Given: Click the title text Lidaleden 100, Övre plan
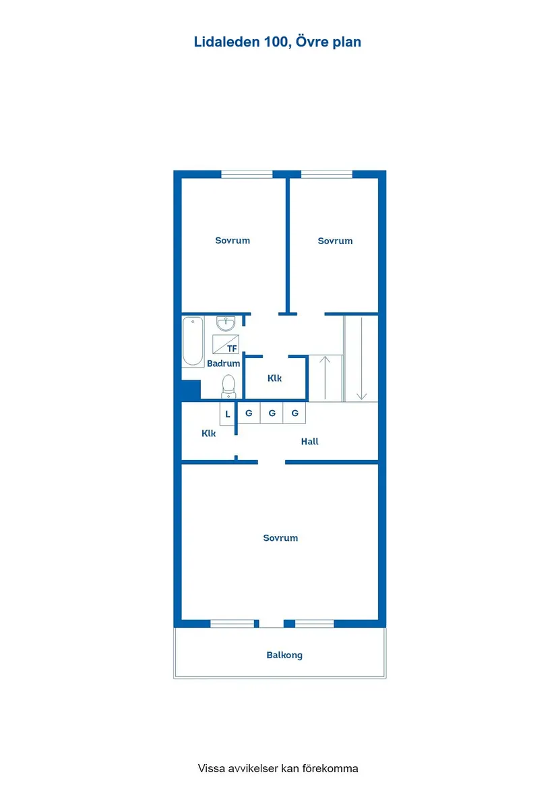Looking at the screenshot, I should click(x=278, y=42).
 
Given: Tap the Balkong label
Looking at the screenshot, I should click(x=284, y=655).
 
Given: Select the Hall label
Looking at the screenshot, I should click(x=310, y=442).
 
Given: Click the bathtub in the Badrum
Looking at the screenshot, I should click(x=193, y=341).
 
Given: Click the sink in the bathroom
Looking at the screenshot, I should click(x=226, y=324).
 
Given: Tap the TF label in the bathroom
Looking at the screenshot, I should click(x=232, y=349).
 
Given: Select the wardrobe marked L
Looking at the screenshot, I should click(x=228, y=413).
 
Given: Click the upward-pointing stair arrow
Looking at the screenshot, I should click(x=326, y=378).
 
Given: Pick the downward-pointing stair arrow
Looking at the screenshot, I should click(x=362, y=357).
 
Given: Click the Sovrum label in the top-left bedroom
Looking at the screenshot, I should click(x=233, y=241).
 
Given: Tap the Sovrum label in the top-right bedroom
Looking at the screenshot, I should click(x=335, y=241).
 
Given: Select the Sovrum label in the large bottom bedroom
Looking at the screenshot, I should click(x=280, y=538).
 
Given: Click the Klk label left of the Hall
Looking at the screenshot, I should click(x=209, y=434).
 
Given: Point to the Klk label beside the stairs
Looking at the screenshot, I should click(x=274, y=378).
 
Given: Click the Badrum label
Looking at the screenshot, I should click(x=223, y=363).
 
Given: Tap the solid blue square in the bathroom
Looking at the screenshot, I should click(x=191, y=390).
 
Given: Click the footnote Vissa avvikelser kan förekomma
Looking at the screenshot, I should click(x=278, y=768).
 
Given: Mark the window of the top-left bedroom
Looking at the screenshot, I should click(x=247, y=174).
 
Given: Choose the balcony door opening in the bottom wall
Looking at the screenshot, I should click(x=270, y=624).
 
